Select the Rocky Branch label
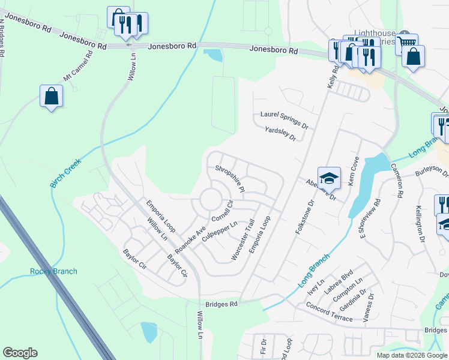tap(53, 271)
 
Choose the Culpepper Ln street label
tap(220, 232)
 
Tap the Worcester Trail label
tap(243, 239)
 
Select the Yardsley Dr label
tap(280, 133)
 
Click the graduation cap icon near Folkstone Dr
tap(329, 178)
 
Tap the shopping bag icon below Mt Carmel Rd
tap(52, 97)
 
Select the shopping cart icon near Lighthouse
tap(407, 44)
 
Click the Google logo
tap(20, 353)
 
